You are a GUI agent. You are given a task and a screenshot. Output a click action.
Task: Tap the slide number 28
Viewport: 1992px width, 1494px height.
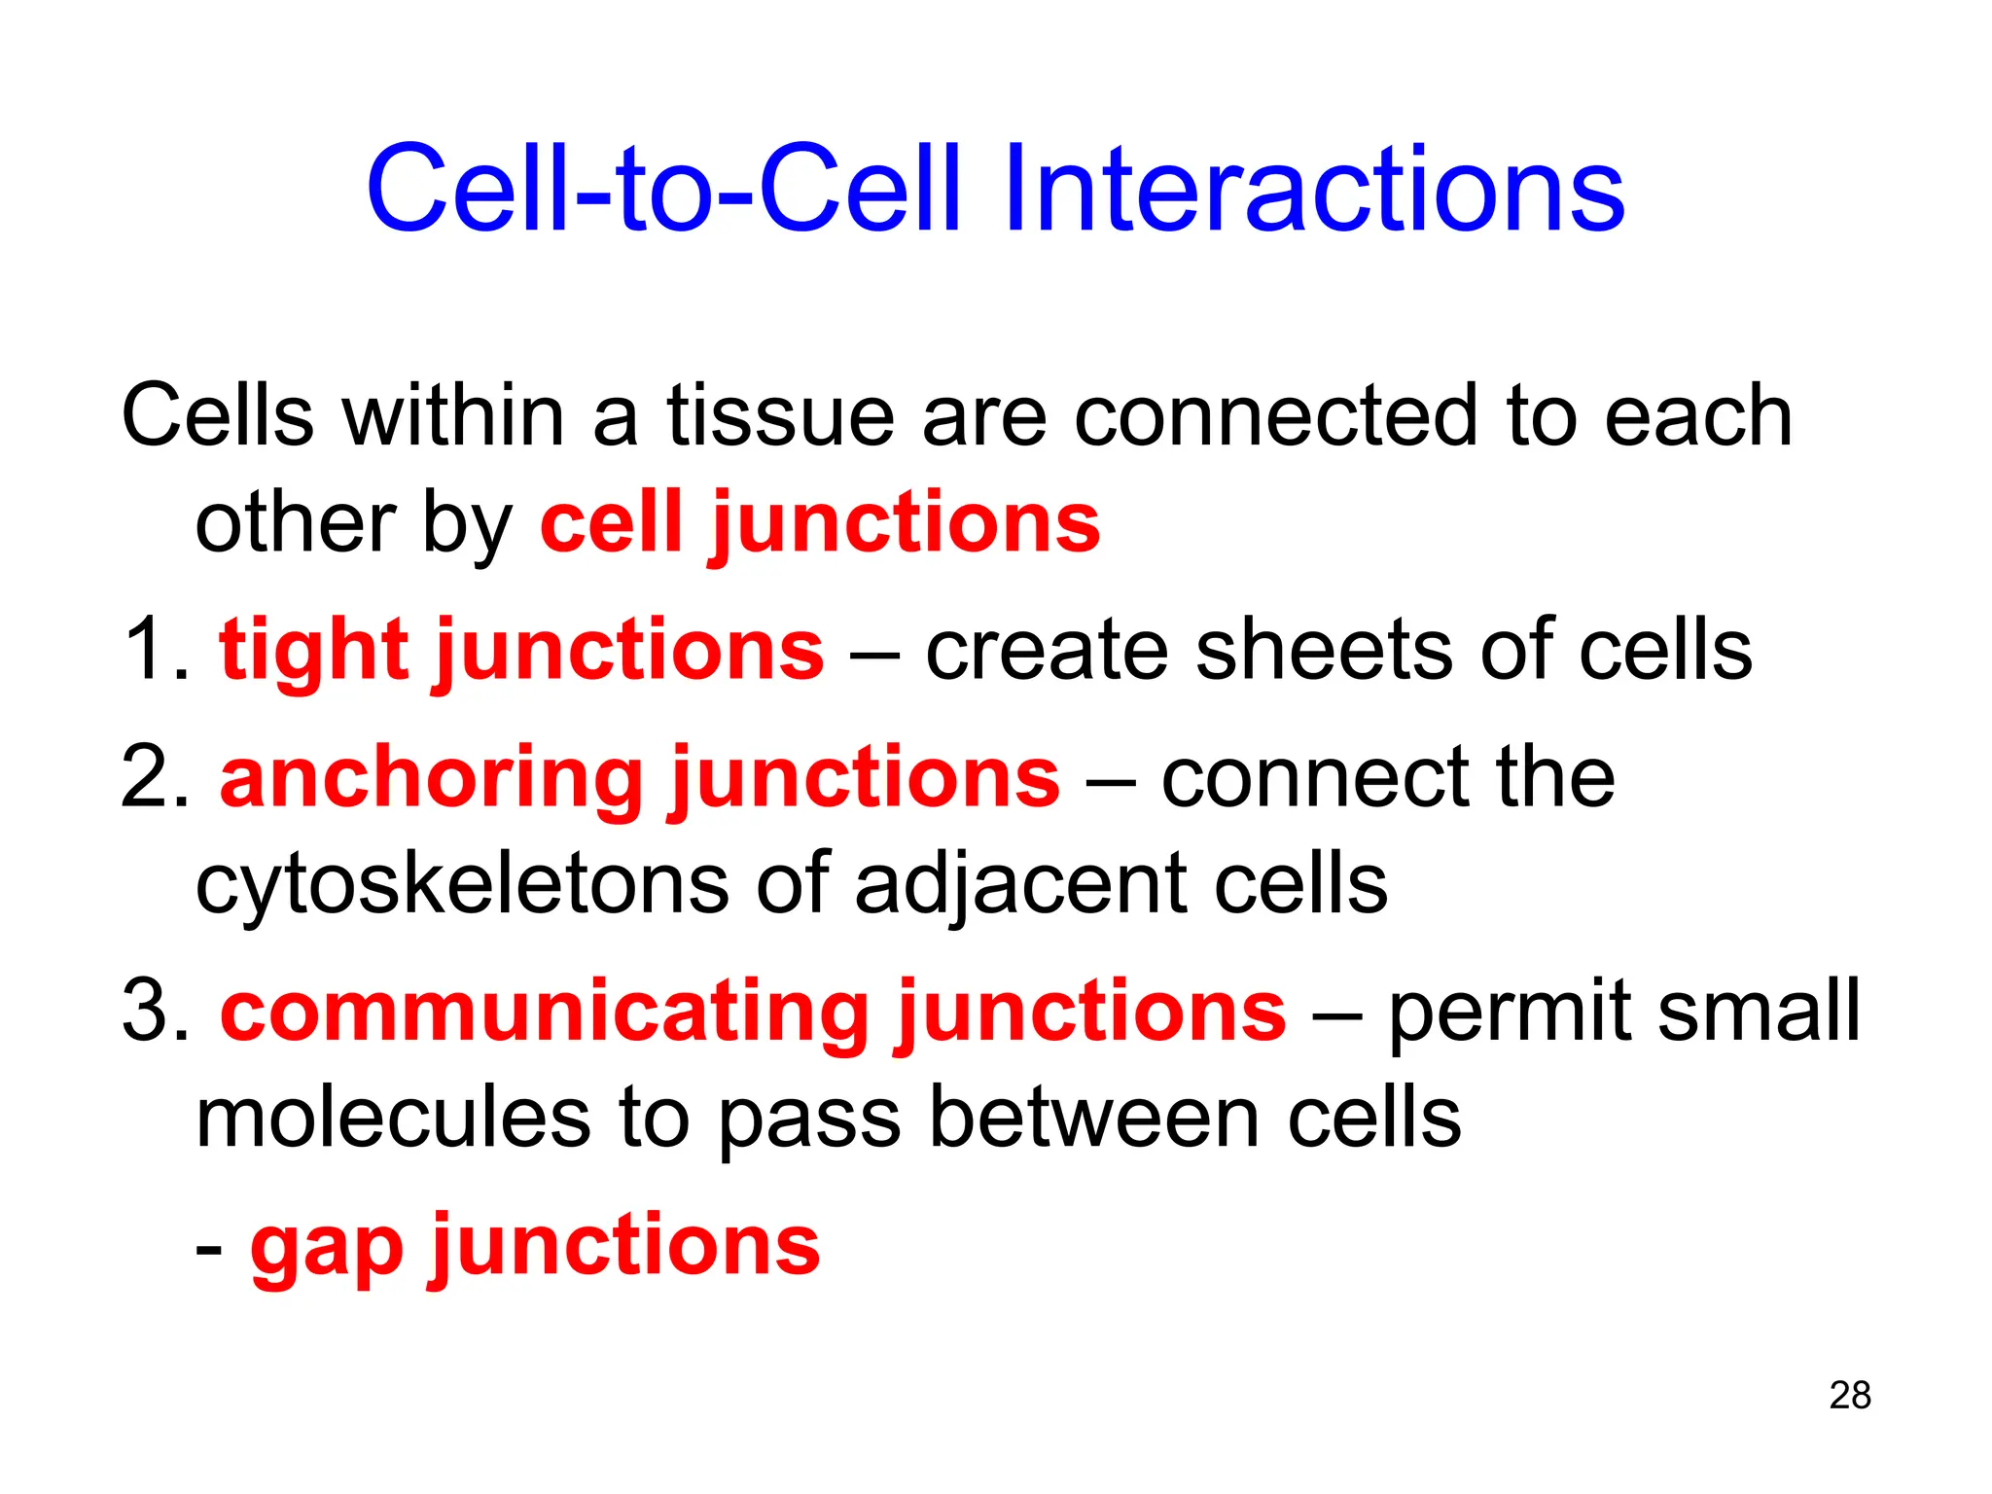point(1849,1395)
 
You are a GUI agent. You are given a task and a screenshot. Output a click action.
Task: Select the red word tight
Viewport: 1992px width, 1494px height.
point(313,650)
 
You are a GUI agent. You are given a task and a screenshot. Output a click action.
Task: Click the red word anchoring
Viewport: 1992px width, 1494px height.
point(431,778)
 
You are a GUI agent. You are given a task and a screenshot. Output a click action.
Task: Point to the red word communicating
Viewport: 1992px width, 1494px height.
point(545,1012)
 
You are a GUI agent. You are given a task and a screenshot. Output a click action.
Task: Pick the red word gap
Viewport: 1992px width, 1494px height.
point(326,1247)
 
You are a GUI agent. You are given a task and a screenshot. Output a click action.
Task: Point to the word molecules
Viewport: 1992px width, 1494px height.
point(393,1119)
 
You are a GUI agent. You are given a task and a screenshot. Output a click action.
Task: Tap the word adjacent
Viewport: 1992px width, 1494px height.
point(1021,885)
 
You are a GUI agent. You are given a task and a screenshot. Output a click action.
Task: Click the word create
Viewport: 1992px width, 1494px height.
point(1047,650)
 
